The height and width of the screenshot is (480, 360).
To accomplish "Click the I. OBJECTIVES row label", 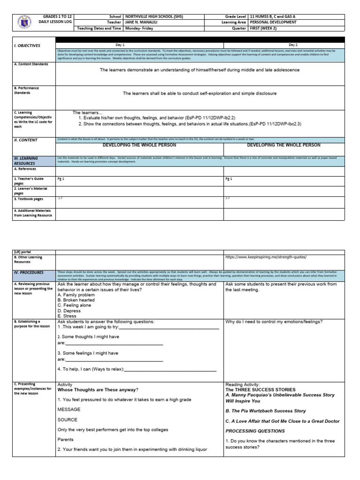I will coord(27,46).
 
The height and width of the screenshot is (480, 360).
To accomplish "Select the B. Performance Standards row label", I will coord(26,90).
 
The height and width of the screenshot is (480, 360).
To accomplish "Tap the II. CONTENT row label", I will coord(26,140).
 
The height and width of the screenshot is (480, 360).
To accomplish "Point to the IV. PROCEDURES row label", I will coord(29,272).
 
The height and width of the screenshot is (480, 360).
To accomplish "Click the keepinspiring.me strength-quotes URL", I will coord(266,257).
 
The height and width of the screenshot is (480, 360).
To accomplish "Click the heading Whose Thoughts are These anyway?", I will coord(97,390).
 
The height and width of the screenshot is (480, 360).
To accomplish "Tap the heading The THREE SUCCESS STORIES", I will coord(261,390).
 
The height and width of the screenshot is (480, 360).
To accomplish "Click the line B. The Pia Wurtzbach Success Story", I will coord(265,411).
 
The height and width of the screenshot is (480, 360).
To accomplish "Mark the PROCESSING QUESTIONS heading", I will coord(255,431).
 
